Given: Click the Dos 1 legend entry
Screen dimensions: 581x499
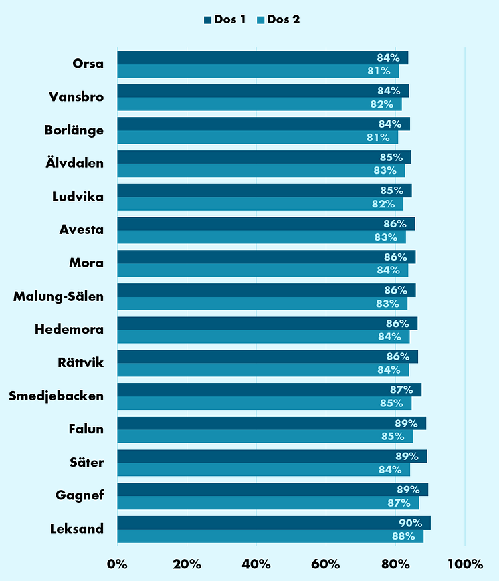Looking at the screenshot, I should click(225, 19).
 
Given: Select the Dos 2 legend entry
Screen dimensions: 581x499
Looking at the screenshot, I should click(277, 19).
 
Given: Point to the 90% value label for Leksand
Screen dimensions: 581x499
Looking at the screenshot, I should click(410, 523).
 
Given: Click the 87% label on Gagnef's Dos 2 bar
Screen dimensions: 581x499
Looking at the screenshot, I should click(405, 503).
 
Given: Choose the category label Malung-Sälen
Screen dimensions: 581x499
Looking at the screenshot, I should click(58, 296).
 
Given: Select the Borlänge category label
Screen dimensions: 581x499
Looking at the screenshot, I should click(74, 130).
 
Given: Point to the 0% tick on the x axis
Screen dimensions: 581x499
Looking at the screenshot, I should click(117, 564).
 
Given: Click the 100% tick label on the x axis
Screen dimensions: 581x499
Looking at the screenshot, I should click(464, 564).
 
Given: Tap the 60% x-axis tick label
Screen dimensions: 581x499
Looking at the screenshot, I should click(326, 564).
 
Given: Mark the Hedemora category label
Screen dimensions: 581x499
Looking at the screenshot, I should click(69, 330).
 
